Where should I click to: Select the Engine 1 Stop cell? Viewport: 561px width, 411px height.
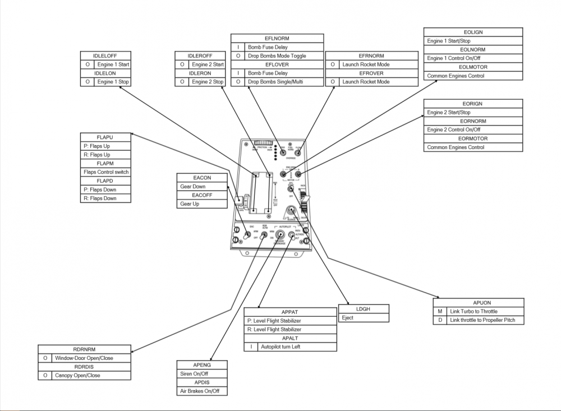tap(113, 82)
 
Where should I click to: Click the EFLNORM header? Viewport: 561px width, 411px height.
tap(277, 38)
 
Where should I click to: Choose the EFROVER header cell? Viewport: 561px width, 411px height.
tap(371, 73)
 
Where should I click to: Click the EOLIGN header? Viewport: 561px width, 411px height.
tap(473, 32)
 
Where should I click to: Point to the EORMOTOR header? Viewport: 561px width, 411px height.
tap(473, 138)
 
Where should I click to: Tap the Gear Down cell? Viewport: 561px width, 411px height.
tap(202, 186)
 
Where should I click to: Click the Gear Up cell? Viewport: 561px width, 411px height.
tap(202, 204)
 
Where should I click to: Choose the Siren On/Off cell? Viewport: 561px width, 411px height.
tap(202, 373)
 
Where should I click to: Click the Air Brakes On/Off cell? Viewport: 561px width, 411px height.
tap(202, 391)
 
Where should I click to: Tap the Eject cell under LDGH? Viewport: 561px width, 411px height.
tap(364, 317)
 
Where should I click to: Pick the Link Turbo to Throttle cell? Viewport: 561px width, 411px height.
tap(485, 311)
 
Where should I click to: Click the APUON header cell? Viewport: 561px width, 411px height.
tap(478, 302)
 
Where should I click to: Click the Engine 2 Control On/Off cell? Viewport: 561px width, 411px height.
tap(473, 130)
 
